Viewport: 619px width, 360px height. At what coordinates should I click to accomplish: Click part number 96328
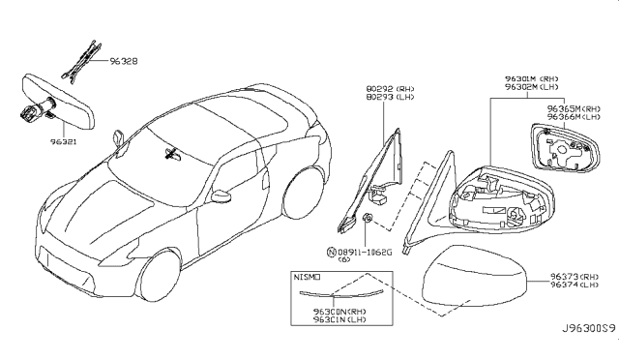click(121, 59)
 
